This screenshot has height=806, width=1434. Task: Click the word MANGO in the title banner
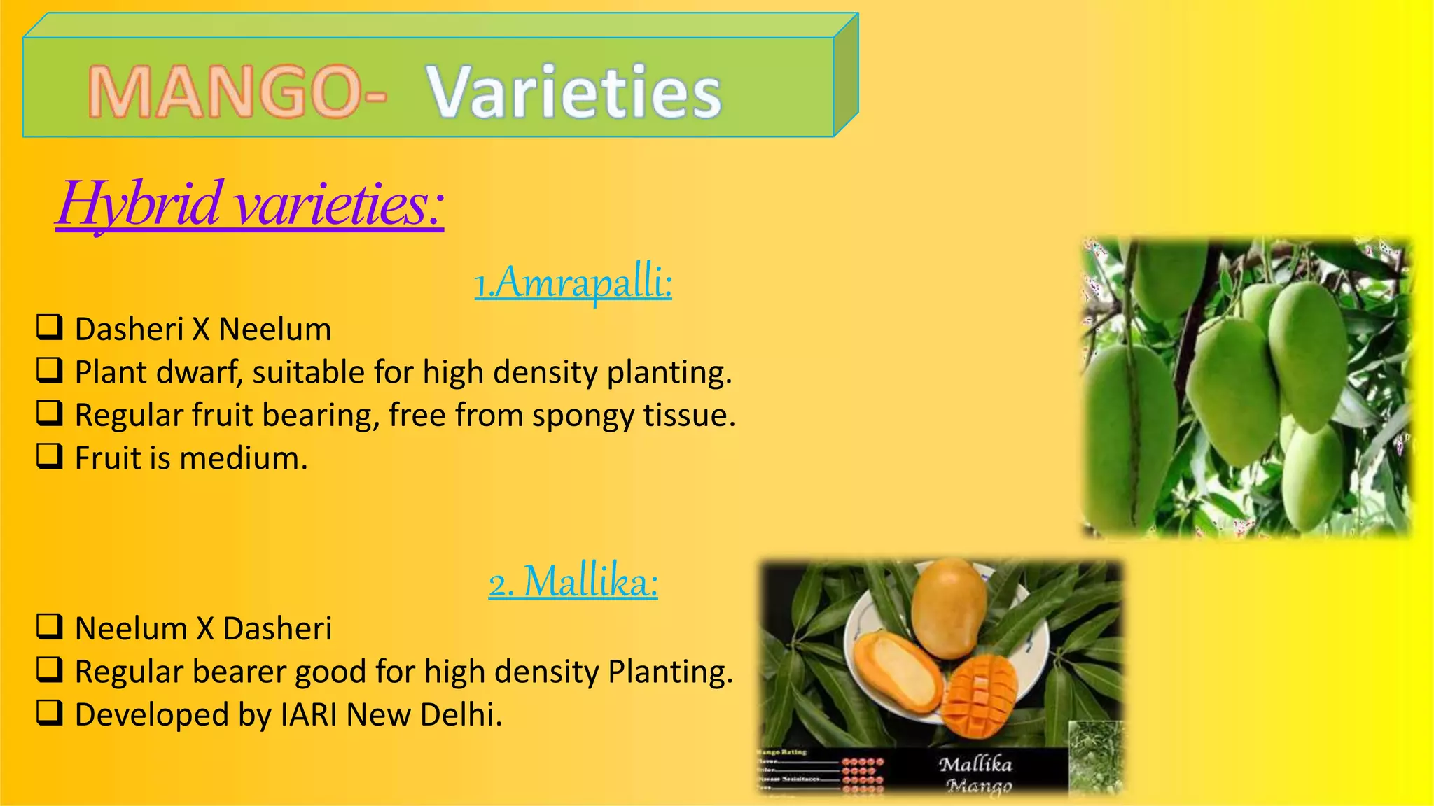pyautogui.click(x=228, y=92)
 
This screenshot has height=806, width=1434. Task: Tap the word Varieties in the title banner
pyautogui.click(x=574, y=92)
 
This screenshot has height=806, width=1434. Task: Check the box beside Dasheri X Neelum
pyautogui.click(x=50, y=327)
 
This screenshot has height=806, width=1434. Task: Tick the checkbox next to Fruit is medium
pyautogui.click(x=50, y=456)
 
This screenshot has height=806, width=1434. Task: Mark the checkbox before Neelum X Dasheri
pyautogui.click(x=50, y=627)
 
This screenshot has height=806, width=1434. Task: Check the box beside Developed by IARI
pyautogui.click(x=50, y=713)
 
